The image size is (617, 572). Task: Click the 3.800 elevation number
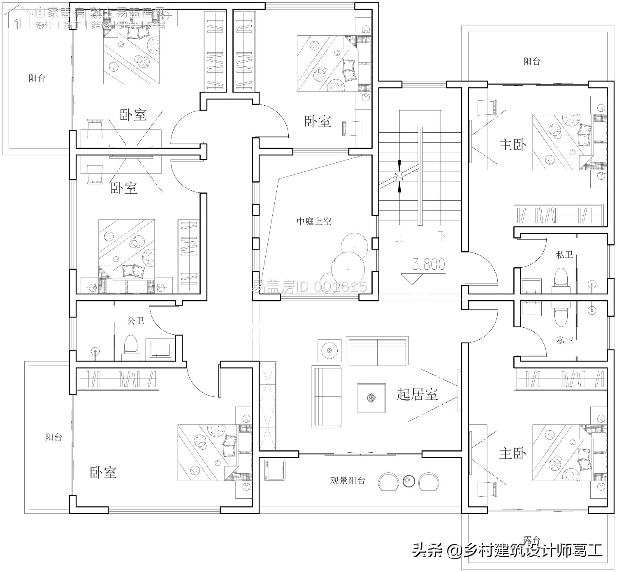click(x=429, y=264)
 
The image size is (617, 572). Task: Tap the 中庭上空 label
click(x=314, y=222)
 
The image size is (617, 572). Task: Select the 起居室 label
click(x=417, y=394)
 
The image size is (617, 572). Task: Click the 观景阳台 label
click(x=348, y=480)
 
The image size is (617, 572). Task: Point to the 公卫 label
click(x=136, y=320)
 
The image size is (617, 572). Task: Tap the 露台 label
click(x=532, y=540)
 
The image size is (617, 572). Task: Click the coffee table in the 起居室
click(x=371, y=398)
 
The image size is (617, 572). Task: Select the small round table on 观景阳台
click(x=408, y=480)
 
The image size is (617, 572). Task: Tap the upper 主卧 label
click(x=513, y=145)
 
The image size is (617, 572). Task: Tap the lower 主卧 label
click(x=513, y=454)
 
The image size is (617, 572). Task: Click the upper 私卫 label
click(x=564, y=255)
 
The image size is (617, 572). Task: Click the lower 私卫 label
click(x=564, y=340)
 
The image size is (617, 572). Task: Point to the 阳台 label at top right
click(x=531, y=61)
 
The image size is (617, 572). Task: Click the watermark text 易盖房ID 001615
click(x=309, y=286)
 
